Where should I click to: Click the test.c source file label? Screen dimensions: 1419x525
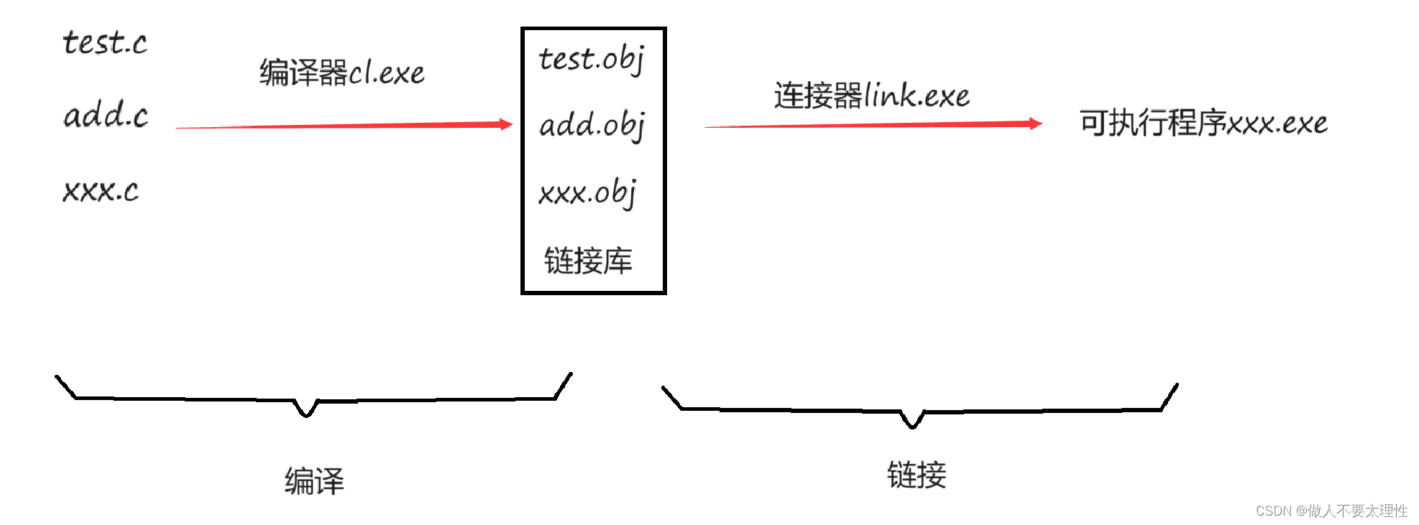(105, 43)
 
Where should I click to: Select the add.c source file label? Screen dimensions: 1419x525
(106, 115)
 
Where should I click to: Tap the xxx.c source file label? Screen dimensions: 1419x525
(101, 190)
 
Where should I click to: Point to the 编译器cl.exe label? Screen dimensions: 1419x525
(341, 73)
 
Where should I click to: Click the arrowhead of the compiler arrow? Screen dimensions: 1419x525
(506, 124)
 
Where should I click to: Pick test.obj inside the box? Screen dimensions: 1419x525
(592, 59)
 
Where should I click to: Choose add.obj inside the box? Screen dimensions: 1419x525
(592, 125)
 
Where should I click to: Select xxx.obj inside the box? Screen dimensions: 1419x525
(587, 192)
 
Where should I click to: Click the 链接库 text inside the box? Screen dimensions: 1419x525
(588, 260)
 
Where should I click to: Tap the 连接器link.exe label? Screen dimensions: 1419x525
(871, 96)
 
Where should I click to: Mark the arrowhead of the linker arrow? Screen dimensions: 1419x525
(1035, 124)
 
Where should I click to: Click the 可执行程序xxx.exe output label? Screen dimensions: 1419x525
(1203, 124)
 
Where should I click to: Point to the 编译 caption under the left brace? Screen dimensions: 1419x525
(314, 480)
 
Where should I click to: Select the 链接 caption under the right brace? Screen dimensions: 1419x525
(917, 475)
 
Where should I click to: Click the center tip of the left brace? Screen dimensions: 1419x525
(306, 414)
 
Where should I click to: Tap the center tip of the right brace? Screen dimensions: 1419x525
(912, 426)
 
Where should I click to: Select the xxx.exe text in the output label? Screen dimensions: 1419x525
(1277, 124)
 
